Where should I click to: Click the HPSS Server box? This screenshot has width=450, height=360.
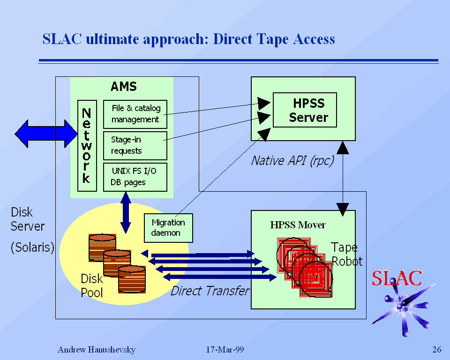point(305,110)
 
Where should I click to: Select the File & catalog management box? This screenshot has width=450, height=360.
point(135,114)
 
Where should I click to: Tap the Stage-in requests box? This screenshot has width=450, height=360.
point(135,145)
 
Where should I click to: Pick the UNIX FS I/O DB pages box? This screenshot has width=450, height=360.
point(135,177)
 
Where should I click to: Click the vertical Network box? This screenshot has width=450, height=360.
point(87,145)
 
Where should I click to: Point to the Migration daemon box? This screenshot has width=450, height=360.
point(168,227)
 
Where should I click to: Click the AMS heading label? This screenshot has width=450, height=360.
point(124,87)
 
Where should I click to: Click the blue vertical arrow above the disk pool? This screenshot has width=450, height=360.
point(126,212)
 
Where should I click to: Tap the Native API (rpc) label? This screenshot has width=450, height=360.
point(292,161)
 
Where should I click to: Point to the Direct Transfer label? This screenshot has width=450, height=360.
point(210,291)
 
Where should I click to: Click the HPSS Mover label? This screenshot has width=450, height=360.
point(298,225)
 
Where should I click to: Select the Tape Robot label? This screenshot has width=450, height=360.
point(346,255)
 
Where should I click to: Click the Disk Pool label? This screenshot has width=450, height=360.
point(92,285)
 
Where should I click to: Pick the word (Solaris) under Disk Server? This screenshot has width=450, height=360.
point(32,247)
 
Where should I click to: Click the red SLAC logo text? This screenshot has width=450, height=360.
point(397,278)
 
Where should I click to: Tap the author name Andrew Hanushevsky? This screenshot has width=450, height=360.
point(96,350)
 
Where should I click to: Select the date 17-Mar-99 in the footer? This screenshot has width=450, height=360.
point(225,350)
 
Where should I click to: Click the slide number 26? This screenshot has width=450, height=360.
point(436,350)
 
